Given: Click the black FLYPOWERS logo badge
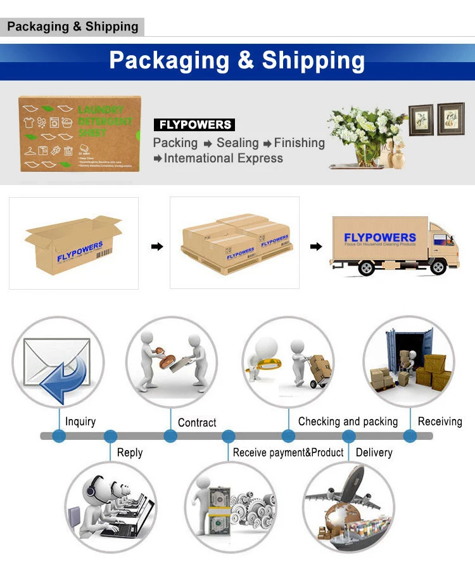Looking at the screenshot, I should tap(194, 125).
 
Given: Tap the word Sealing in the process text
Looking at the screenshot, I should tap(237, 143).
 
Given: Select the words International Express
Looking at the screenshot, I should tap(224, 158).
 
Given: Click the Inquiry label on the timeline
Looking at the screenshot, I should tap(80, 422).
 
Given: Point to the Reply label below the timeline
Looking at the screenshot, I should tap(130, 453).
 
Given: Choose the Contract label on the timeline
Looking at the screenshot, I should tap(197, 422).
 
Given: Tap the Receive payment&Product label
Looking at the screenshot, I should tap(288, 453).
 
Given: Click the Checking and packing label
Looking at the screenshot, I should tap(348, 422).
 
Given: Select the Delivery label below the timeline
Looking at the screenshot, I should tap(374, 453).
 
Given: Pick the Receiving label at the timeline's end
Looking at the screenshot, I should tap(440, 422).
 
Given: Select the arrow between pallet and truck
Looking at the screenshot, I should tap(315, 247).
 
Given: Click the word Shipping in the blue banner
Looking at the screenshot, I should tap(313, 61).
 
